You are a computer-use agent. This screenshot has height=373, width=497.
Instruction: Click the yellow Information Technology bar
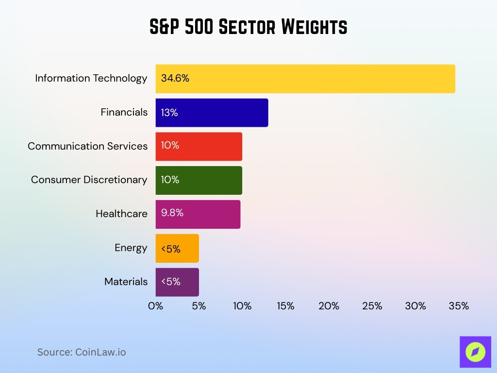(305, 79)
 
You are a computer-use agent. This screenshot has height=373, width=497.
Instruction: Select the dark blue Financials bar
(212, 113)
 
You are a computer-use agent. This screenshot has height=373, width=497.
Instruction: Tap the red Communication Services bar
(199, 146)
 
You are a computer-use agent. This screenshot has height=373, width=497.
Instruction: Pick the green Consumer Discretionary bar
(199, 180)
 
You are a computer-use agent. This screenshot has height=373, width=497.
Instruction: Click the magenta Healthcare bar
(198, 214)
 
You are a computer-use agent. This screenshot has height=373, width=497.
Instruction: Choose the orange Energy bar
(177, 248)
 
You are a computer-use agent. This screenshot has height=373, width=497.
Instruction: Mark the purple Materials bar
(177, 282)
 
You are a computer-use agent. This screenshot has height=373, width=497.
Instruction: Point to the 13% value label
(169, 113)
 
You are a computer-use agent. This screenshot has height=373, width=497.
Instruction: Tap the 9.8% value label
(172, 213)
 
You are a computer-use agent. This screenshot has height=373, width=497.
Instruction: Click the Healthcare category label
(121, 214)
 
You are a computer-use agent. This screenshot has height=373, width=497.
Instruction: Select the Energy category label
(131, 248)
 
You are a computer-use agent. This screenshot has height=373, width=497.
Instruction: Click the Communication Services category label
(87, 146)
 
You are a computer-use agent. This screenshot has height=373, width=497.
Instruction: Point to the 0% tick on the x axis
(155, 306)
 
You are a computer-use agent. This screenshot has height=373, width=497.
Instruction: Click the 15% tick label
(285, 306)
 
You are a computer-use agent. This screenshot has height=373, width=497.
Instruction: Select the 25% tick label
(372, 306)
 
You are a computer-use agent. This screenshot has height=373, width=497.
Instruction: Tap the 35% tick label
(459, 306)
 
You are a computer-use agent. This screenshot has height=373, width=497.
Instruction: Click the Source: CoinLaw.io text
(82, 352)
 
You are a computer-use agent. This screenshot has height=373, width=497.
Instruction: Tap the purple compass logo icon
(475, 352)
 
